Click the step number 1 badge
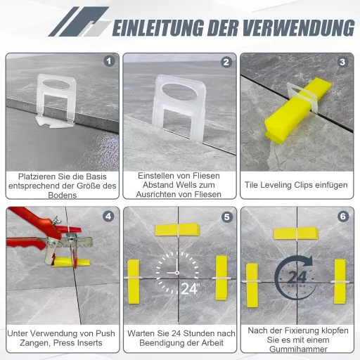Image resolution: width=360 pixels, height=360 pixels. click(109, 61)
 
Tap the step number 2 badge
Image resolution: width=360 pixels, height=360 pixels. click(226, 62)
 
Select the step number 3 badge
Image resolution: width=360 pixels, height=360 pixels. click(342, 62)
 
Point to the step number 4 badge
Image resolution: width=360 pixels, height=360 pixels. click(108, 217)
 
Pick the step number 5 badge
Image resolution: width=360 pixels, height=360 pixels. click(227, 217)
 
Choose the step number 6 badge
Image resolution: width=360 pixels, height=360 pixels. click(343, 217)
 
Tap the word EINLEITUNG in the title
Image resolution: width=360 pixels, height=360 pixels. click(157, 28)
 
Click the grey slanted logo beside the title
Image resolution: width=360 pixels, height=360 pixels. click(79, 22)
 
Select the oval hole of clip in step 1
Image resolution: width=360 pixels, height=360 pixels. click(56, 84)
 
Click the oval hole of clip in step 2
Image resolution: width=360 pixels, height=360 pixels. click(179, 92)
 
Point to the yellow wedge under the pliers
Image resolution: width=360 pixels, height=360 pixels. click(70, 262)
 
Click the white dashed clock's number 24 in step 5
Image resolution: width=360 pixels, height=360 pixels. click(189, 288)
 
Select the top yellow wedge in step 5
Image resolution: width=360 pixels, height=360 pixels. click(177, 229)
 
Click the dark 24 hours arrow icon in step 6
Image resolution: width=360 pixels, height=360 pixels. click(295, 278)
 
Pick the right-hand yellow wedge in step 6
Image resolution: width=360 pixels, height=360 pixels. click(340, 281)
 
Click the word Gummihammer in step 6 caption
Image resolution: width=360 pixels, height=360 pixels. click(298, 349)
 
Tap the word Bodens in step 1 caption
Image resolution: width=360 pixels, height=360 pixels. click(63, 195)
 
